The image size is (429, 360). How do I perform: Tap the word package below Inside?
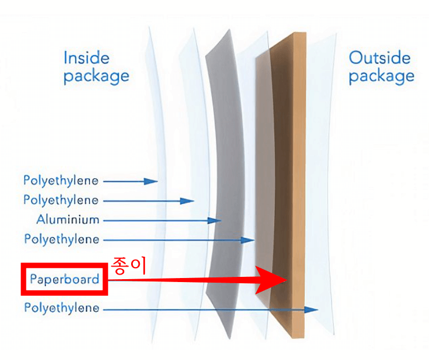pos(96,76)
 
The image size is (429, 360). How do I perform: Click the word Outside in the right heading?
pos(380,57)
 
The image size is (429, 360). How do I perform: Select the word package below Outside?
pos(381,76)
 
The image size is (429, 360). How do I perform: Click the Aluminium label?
pos(68,220)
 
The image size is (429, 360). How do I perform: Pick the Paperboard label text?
pos(64,280)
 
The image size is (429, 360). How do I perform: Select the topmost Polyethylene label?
pos(61,181)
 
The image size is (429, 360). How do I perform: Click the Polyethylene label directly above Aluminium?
pos(61,200)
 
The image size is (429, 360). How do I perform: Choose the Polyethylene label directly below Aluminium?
pos(61,239)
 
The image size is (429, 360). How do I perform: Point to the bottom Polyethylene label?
pos(61,308)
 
